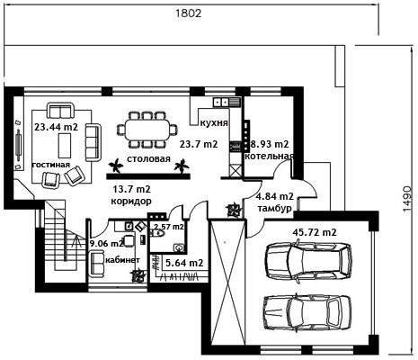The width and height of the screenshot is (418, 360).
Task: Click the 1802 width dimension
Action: click(x=188, y=13)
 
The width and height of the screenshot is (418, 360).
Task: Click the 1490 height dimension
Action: click(x=407, y=199)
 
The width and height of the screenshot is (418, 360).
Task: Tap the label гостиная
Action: click(x=51, y=165)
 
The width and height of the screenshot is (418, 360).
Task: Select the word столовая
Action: click(x=148, y=158)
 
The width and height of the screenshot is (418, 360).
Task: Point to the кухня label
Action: click(x=214, y=122)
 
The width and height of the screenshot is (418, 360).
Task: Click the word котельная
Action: click(x=269, y=157)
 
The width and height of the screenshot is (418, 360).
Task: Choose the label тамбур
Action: click(x=275, y=208)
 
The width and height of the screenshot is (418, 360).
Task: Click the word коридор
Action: click(x=131, y=201)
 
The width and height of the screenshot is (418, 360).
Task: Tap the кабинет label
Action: click(x=122, y=260)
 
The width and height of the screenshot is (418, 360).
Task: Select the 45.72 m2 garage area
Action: click(x=315, y=232)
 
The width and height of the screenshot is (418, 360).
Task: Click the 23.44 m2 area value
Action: click(x=56, y=127)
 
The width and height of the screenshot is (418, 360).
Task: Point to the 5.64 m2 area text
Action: click(x=184, y=263)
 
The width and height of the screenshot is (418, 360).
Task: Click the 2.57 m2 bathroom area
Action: click(x=169, y=227)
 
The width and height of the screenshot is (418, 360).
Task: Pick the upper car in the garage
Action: click(x=308, y=261)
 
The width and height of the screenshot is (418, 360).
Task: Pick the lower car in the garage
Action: click(x=307, y=312)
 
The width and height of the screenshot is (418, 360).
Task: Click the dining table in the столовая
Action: click(x=147, y=130)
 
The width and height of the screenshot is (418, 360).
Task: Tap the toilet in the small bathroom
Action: click(x=159, y=234)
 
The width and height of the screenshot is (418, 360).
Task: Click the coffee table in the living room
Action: click(x=65, y=146)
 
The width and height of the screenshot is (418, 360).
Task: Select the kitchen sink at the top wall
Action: click(x=220, y=102)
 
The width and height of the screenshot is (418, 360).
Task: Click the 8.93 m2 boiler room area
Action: click(x=270, y=144)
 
